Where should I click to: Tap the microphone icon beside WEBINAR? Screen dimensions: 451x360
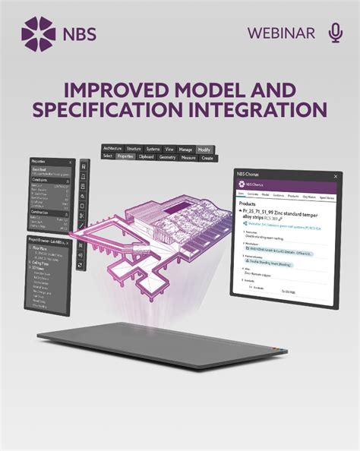(x=335, y=33)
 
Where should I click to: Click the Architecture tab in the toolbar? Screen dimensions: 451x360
(x=112, y=149)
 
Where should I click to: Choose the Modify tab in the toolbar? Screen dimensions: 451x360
(x=204, y=149)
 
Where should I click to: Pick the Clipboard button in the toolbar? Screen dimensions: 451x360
(x=147, y=156)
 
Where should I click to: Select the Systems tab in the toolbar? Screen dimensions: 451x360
(x=153, y=149)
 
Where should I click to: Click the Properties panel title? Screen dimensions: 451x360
(x=39, y=162)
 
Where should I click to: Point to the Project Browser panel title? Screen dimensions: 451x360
(x=46, y=239)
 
